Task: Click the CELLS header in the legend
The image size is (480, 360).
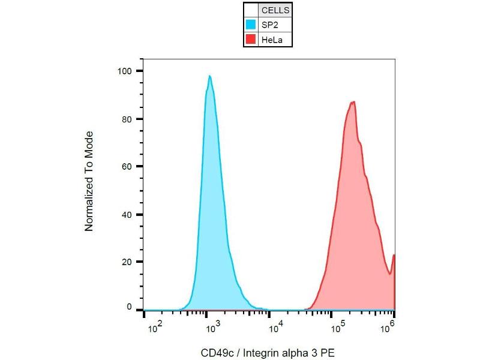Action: (x=275, y=10)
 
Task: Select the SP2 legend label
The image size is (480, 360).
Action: (x=269, y=25)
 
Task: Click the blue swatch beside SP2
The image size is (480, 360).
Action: (x=251, y=25)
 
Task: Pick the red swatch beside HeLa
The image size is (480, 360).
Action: (x=251, y=40)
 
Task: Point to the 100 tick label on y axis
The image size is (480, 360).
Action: (x=125, y=71)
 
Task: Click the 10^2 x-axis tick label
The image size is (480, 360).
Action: (x=154, y=326)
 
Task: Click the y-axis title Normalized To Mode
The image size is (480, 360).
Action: (x=89, y=181)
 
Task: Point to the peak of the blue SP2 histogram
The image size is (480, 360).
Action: (x=209, y=76)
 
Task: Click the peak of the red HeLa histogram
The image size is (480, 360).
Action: (x=354, y=102)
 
